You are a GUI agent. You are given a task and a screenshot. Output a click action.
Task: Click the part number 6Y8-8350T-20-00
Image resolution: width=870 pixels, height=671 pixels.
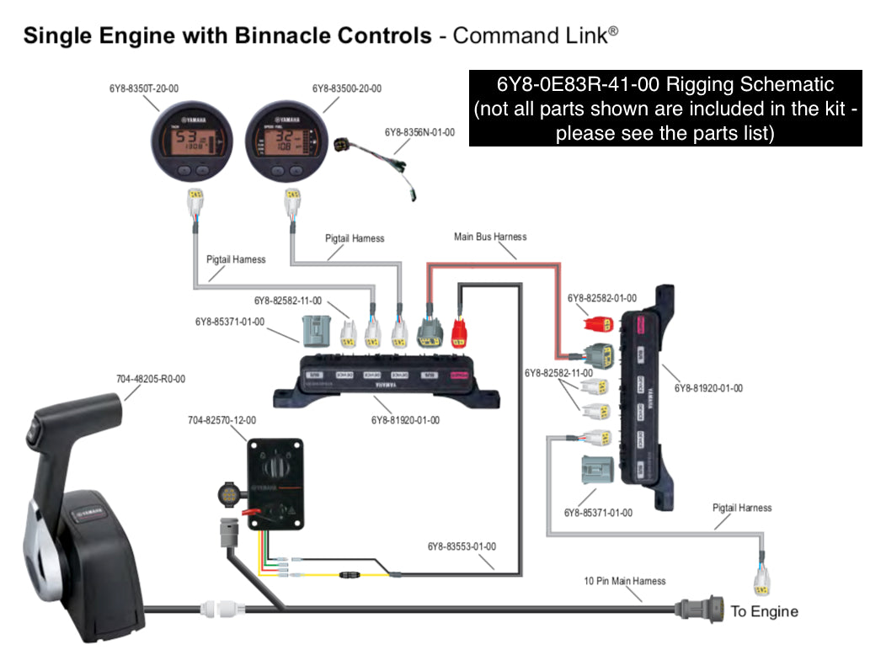(144, 88)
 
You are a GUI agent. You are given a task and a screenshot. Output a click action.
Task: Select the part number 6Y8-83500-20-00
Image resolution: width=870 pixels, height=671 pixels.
(346, 88)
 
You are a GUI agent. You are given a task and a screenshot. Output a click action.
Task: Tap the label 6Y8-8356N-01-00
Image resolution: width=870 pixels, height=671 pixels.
(419, 132)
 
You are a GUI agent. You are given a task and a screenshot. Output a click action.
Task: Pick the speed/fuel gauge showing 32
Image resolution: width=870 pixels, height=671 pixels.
(286, 138)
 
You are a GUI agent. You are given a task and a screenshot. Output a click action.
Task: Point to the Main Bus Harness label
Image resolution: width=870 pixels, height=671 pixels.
(490, 237)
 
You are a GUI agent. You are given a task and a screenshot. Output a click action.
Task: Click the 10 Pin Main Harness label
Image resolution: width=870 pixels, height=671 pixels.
(625, 581)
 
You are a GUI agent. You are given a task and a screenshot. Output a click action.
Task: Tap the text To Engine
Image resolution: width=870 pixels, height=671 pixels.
(764, 611)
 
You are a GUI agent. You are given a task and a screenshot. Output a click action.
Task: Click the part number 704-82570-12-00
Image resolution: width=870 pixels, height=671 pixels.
(222, 419)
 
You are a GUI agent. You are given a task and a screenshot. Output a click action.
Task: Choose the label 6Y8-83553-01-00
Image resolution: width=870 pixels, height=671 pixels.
(462, 546)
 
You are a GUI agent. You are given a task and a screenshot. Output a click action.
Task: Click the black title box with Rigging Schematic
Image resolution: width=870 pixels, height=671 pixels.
(665, 109)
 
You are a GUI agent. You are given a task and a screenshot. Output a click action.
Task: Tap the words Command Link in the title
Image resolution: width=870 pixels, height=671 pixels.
(530, 35)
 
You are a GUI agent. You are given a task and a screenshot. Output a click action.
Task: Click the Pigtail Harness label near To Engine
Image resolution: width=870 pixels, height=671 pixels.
(741, 508)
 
